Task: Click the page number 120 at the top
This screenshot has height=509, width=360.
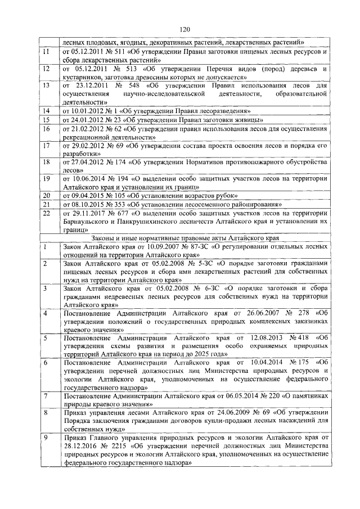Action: click(180, 30)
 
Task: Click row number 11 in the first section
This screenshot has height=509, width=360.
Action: click(47, 51)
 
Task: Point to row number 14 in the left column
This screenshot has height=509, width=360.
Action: click(47, 110)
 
